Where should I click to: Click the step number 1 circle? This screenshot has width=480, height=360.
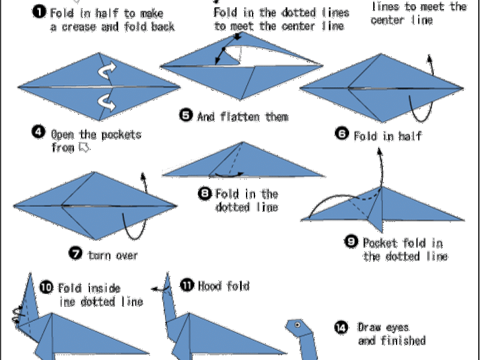point(38,11)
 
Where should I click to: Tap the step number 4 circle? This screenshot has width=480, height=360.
point(38,132)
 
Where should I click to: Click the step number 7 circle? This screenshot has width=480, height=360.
point(76,253)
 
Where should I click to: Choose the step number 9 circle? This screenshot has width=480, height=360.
point(351,241)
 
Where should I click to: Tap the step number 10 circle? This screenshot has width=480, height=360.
point(46,286)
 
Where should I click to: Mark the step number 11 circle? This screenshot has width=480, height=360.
point(187,285)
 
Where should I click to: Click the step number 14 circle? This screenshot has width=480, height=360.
point(341,327)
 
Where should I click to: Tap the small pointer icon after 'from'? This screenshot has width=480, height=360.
point(84,148)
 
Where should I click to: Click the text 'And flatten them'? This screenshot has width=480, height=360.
point(242,116)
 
